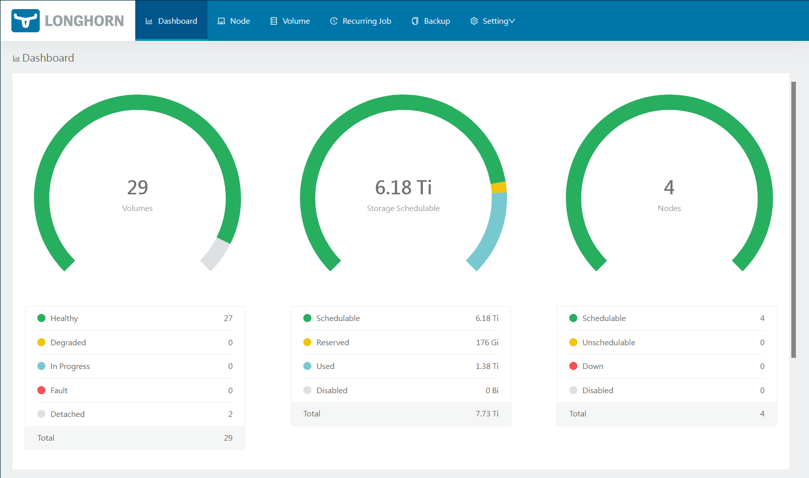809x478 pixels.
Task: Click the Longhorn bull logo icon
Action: coord(25,21)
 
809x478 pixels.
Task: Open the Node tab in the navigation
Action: coord(234,21)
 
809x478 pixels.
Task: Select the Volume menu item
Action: coord(290,21)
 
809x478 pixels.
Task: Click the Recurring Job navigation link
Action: coord(361,21)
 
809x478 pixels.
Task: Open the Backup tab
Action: coord(431,21)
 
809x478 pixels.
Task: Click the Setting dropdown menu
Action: coord(493,21)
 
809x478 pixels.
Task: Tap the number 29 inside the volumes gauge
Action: coord(137,187)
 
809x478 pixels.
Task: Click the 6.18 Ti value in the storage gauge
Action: coord(403,187)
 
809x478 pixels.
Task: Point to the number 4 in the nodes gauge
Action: coord(669,187)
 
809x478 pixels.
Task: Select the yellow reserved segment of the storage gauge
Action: coord(499,187)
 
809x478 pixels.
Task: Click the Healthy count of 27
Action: coord(228,318)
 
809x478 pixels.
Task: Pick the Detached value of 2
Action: coord(230,414)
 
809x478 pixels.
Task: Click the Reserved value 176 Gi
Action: coord(487,343)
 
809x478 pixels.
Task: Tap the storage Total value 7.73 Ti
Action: coord(487,414)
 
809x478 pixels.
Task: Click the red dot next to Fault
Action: coord(41,390)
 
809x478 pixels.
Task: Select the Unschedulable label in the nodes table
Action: coord(609,343)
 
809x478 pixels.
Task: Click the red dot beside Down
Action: coord(573,366)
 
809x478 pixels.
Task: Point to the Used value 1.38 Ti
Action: coord(487,366)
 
